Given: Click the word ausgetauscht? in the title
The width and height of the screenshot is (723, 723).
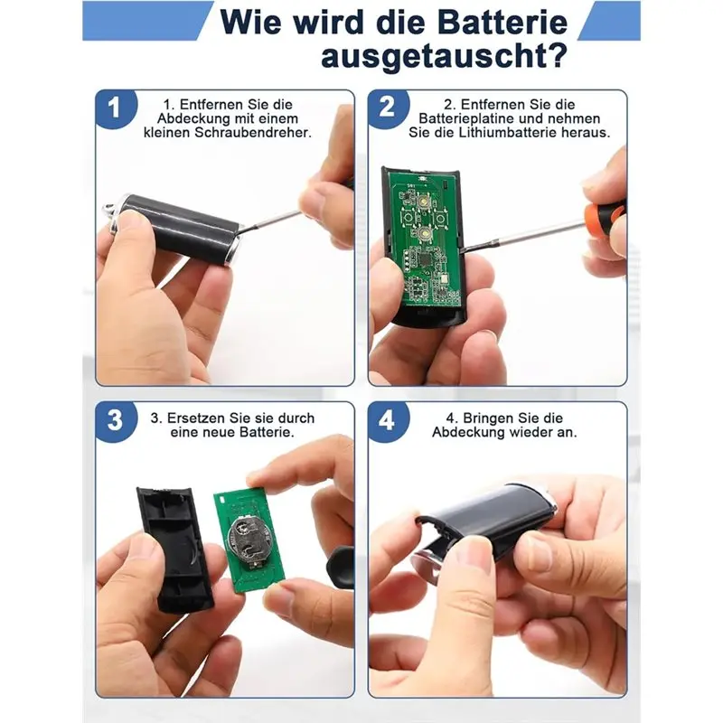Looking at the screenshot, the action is (x=444, y=56).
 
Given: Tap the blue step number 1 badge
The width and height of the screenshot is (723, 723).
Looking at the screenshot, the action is (x=116, y=108).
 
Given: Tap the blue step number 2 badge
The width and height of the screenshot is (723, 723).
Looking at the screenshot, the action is (x=388, y=108).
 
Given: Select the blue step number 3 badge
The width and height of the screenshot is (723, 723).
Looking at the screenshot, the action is (x=116, y=420).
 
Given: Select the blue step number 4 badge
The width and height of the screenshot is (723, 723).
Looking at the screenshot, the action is (x=388, y=420).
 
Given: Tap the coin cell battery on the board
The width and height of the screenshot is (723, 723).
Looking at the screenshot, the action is (x=249, y=540).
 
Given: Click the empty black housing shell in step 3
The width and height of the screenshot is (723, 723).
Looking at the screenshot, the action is (x=174, y=549).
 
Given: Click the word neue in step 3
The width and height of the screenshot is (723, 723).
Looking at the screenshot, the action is (x=219, y=433).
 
